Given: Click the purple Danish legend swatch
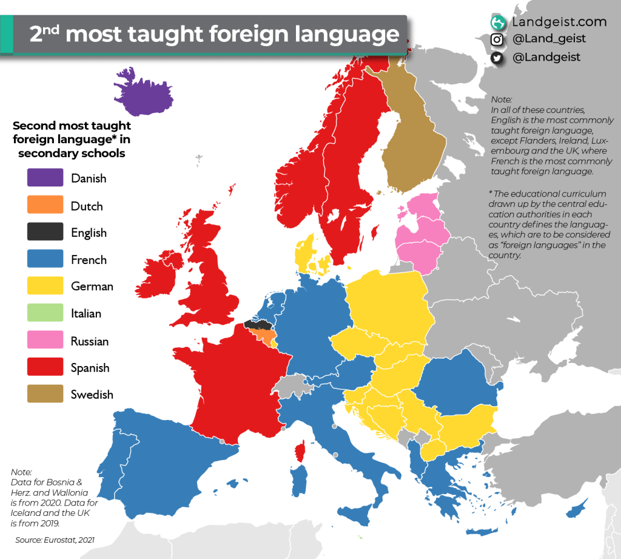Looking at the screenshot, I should point(45,178).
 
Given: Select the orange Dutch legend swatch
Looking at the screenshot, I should point(45,206).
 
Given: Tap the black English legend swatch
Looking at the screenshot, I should point(45,232).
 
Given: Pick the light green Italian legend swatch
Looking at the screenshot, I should point(45,314).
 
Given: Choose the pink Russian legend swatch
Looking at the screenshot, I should point(45,341).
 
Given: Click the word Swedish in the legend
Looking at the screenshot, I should point(92,395).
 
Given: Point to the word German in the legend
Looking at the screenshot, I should point(92,286).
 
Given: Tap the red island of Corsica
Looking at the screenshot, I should point(299,452).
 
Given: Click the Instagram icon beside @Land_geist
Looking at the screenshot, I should point(497,40).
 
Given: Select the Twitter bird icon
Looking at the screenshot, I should point(497,58).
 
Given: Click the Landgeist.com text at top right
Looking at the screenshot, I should point(559,22).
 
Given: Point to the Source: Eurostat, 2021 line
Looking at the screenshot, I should point(55,540).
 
